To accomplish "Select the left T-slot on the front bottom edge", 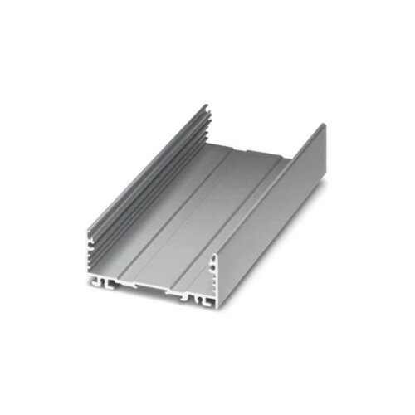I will click(x=107, y=285).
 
